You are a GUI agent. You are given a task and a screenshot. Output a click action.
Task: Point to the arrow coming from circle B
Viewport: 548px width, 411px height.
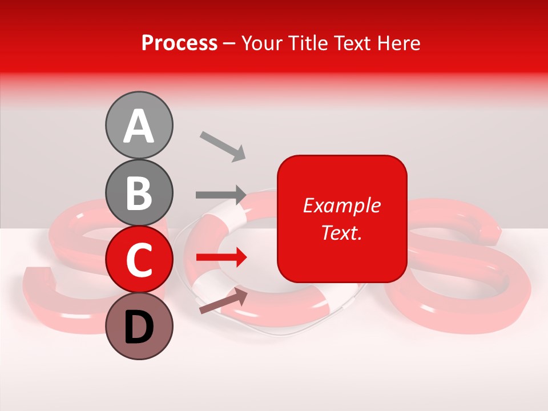(221, 195)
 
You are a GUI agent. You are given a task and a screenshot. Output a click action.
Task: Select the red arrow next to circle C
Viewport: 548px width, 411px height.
(221, 258)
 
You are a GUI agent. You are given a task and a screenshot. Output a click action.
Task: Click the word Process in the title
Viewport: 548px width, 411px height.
(179, 43)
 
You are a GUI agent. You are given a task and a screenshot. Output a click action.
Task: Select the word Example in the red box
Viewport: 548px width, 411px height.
(341, 205)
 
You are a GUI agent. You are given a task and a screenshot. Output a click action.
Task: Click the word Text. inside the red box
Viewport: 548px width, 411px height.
(341, 232)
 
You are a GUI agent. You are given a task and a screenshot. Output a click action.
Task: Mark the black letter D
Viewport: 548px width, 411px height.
(139, 327)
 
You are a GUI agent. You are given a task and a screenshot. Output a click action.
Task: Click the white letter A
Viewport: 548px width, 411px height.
(139, 126)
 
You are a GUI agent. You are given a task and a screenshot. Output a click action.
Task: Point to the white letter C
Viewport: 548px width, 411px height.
(139, 260)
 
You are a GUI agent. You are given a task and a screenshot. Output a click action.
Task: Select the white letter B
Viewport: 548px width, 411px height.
(139, 193)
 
